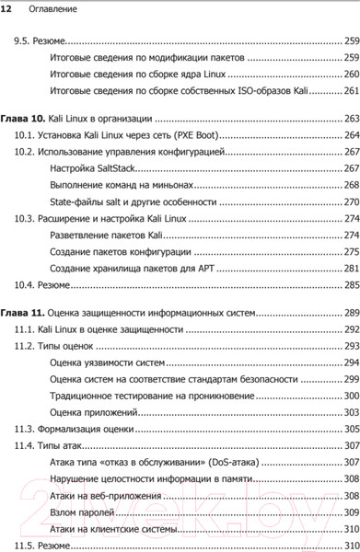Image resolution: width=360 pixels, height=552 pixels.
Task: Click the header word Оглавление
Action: pyautogui.click(x=46, y=10)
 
